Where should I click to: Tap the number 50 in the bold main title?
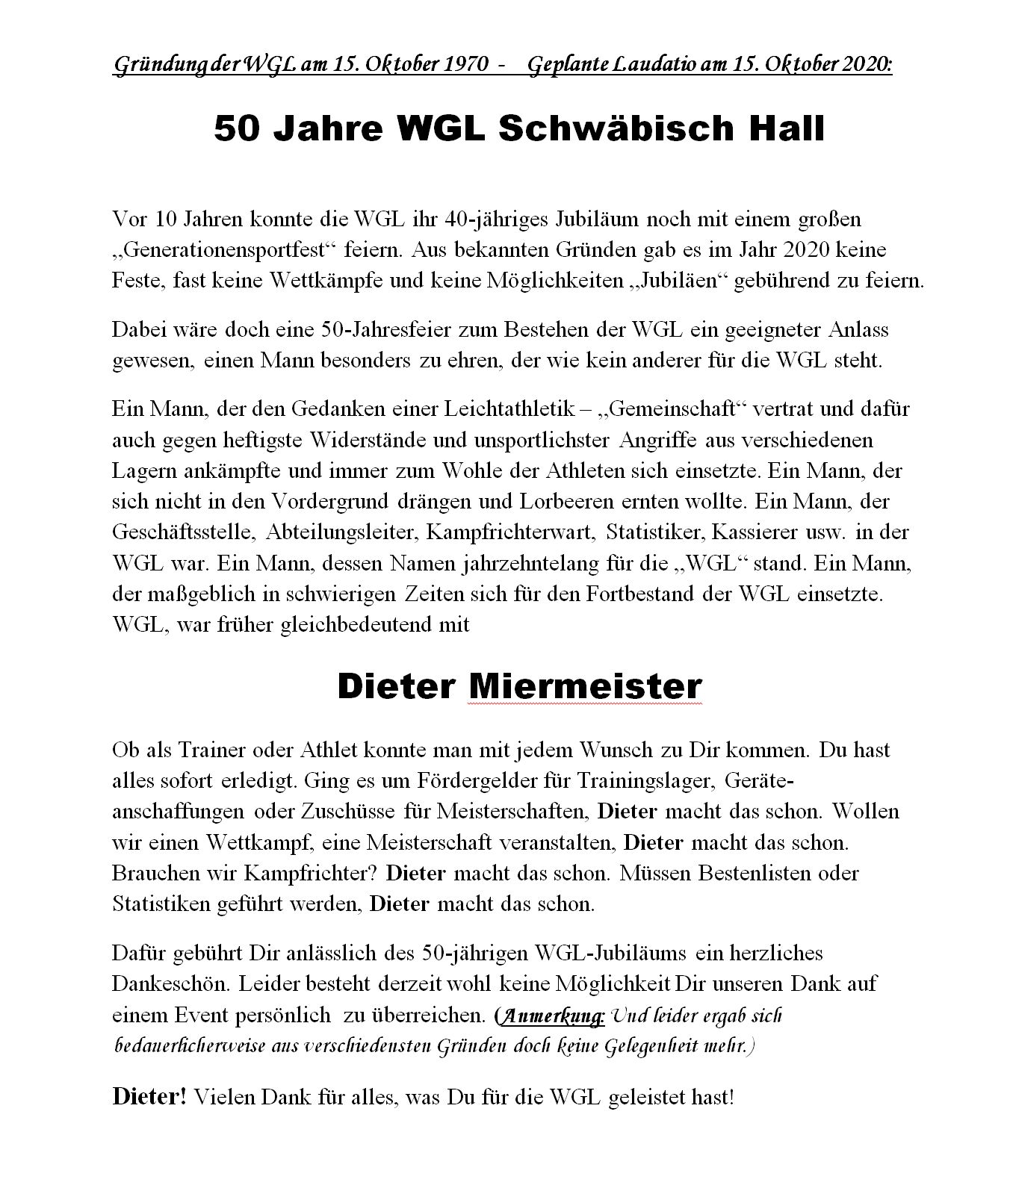tap(237, 128)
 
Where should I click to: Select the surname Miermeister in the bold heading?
tap(584, 686)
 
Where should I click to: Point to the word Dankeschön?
tap(169, 983)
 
